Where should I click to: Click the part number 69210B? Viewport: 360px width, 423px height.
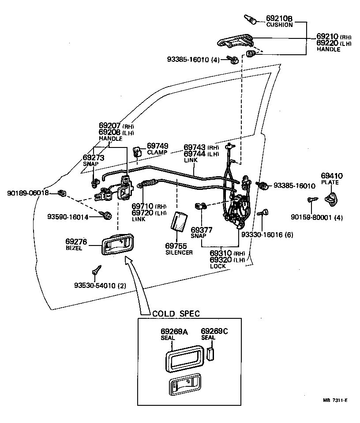279,19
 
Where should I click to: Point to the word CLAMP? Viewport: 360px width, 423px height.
157,152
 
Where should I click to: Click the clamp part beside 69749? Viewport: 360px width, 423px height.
137,152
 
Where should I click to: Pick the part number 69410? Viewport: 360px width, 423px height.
332,176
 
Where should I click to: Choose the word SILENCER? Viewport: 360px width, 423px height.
179,253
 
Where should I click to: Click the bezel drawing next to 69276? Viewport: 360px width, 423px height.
118,243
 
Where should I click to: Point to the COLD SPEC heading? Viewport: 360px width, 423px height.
176,313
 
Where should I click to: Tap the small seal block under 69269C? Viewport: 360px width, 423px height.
210,354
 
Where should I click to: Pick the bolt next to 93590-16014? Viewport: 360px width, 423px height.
106,216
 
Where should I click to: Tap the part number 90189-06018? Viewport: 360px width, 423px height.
27,193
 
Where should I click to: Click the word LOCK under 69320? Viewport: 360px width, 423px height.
218,266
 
